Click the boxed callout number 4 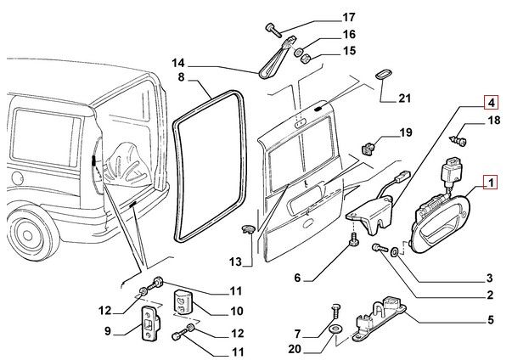pyautogui.click(x=492, y=103)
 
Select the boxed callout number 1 pyautogui.click(x=491, y=183)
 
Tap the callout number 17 pyautogui.click(x=348, y=17)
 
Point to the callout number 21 pyautogui.click(x=404, y=98)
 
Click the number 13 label pyautogui.click(x=235, y=262)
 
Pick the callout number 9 pyautogui.click(x=108, y=331)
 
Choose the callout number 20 pyautogui.click(x=295, y=349)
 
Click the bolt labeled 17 pyautogui.click(x=273, y=31)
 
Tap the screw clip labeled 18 pyautogui.click(x=459, y=141)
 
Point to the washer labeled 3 pyautogui.click(x=394, y=251)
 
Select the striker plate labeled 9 pyautogui.click(x=150, y=323)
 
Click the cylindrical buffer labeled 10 pyautogui.click(x=183, y=302)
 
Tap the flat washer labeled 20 pyautogui.click(x=335, y=329)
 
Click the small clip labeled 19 pyautogui.click(x=369, y=149)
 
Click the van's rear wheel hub pyautogui.click(x=28, y=235)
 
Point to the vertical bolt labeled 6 pyautogui.click(x=353, y=240)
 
